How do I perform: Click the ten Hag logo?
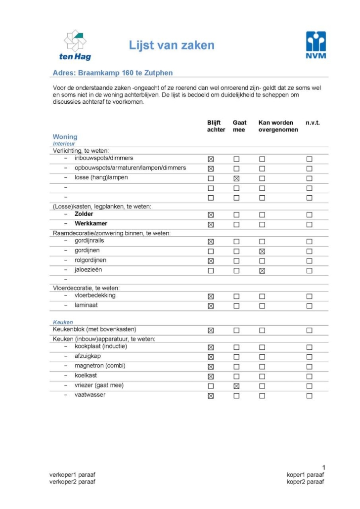[x=75, y=45]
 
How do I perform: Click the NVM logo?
[x=316, y=45]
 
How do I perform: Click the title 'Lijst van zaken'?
[x=172, y=45]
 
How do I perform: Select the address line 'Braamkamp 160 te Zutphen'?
[x=112, y=73]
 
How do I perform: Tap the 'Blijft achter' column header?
[x=216, y=126]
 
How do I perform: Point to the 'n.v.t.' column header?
[x=313, y=123]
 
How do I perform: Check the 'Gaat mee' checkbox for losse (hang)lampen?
[x=236, y=178]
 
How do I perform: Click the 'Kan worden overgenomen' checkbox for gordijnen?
[x=262, y=252]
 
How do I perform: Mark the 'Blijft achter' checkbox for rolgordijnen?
[x=211, y=261]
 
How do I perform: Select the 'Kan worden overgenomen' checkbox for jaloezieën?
[x=262, y=271]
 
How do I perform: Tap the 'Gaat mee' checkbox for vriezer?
[x=236, y=386]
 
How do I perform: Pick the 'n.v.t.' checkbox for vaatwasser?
[x=309, y=396]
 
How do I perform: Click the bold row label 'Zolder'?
[x=84, y=214]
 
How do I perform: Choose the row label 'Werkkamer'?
[x=90, y=223]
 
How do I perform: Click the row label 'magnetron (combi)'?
[x=100, y=366]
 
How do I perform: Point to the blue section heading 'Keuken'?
[x=63, y=322]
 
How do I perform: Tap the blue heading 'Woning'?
[x=65, y=136]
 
